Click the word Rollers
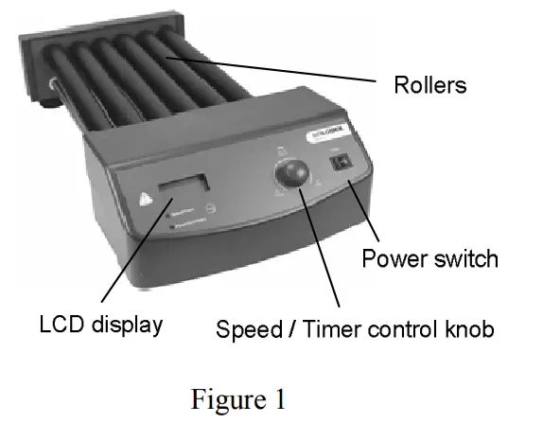pos(430,85)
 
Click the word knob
pos(469,330)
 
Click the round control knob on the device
pos(291,175)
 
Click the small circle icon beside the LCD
pos(211,206)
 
